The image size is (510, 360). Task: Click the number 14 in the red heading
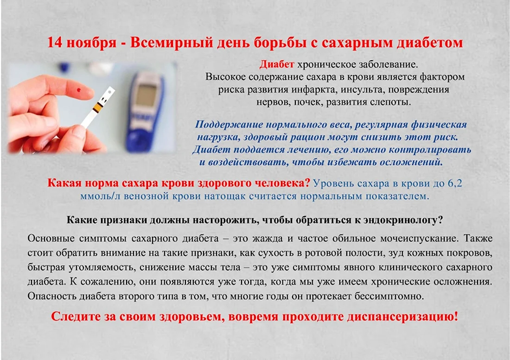(x=54, y=42)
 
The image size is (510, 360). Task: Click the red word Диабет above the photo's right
(x=276, y=64)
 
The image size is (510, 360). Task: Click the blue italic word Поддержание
(x=229, y=125)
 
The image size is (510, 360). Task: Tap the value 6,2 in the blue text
(x=455, y=183)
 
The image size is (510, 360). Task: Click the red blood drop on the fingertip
(x=78, y=90)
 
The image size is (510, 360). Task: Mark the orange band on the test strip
(x=97, y=106)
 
